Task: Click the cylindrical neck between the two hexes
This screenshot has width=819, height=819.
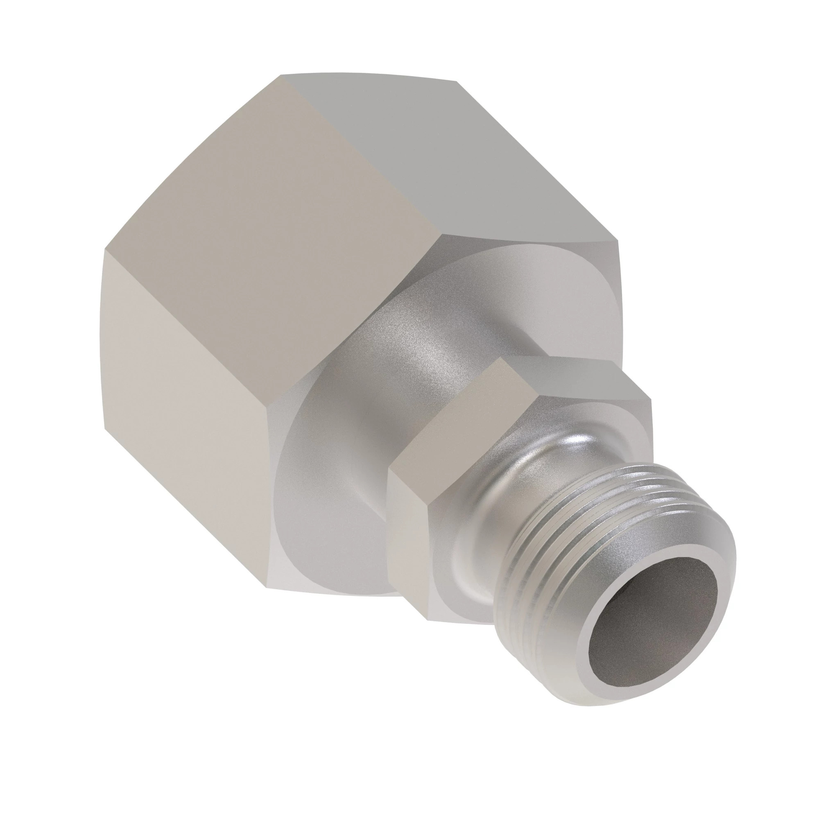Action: [x=407, y=382]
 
